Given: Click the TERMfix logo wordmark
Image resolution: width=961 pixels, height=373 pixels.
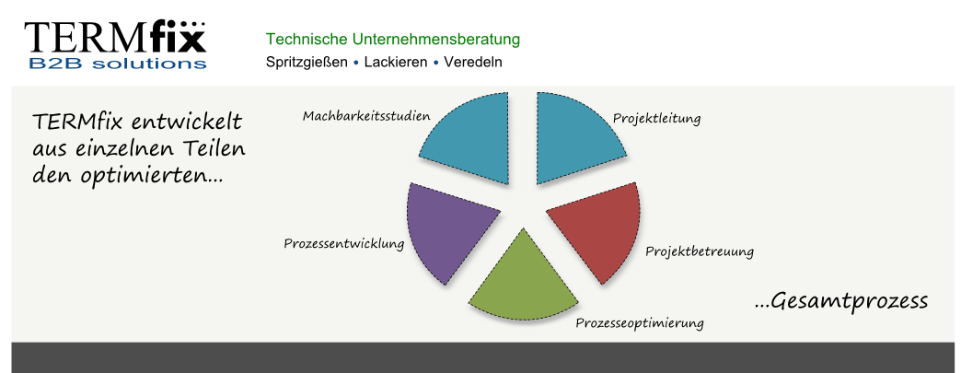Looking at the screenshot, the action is [115, 37].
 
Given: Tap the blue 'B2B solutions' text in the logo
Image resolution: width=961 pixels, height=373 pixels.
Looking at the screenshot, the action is [118, 64].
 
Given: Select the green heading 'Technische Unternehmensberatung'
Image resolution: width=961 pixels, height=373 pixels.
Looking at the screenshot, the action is [393, 40].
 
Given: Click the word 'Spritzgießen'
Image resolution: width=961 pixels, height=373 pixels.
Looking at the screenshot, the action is [307, 62].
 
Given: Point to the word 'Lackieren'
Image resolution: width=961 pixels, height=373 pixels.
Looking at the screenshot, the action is [395, 62].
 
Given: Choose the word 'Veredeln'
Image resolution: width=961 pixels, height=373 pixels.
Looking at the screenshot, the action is [473, 62].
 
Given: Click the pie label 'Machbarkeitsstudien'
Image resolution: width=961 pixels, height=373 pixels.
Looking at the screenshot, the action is [366, 116].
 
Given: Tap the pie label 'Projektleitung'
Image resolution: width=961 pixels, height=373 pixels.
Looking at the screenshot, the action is [656, 118].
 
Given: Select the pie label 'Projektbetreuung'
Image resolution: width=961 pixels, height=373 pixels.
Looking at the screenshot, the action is [700, 251].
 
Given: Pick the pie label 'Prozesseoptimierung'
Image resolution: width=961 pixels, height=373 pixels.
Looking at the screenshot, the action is [639, 322].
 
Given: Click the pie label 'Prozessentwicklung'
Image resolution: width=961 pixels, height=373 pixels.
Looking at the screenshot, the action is [344, 243].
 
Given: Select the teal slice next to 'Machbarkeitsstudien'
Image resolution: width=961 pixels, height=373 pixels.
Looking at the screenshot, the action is [472, 136].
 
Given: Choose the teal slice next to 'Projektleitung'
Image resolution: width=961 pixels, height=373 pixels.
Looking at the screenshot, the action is [574, 136].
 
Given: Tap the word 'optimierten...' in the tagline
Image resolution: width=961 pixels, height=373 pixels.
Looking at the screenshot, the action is [151, 176].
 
